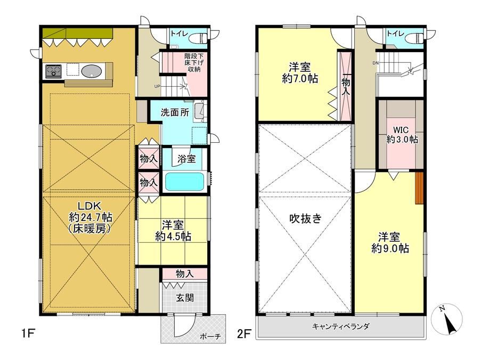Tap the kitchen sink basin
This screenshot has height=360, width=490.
[x=92, y=71]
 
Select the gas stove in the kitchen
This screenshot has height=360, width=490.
[x=53, y=71]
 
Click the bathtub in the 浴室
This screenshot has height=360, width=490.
[x=184, y=181]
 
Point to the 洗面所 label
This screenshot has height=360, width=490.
[x=175, y=112]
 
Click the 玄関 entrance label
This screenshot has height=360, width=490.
[x=185, y=298]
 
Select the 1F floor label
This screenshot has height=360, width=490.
[x=28, y=334]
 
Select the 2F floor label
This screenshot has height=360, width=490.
[x=244, y=334]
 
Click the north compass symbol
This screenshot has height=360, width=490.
[x=446, y=319]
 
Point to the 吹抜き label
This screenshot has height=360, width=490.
[x=305, y=218]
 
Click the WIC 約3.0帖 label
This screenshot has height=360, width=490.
[x=402, y=134]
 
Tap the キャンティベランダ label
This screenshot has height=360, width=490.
[x=341, y=326]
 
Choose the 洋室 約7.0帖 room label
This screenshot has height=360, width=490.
[x=300, y=72]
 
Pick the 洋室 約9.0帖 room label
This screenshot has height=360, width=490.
[x=390, y=242]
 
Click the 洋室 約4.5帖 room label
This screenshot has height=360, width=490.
[x=173, y=231]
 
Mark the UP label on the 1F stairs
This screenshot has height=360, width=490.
[x=158, y=86]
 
